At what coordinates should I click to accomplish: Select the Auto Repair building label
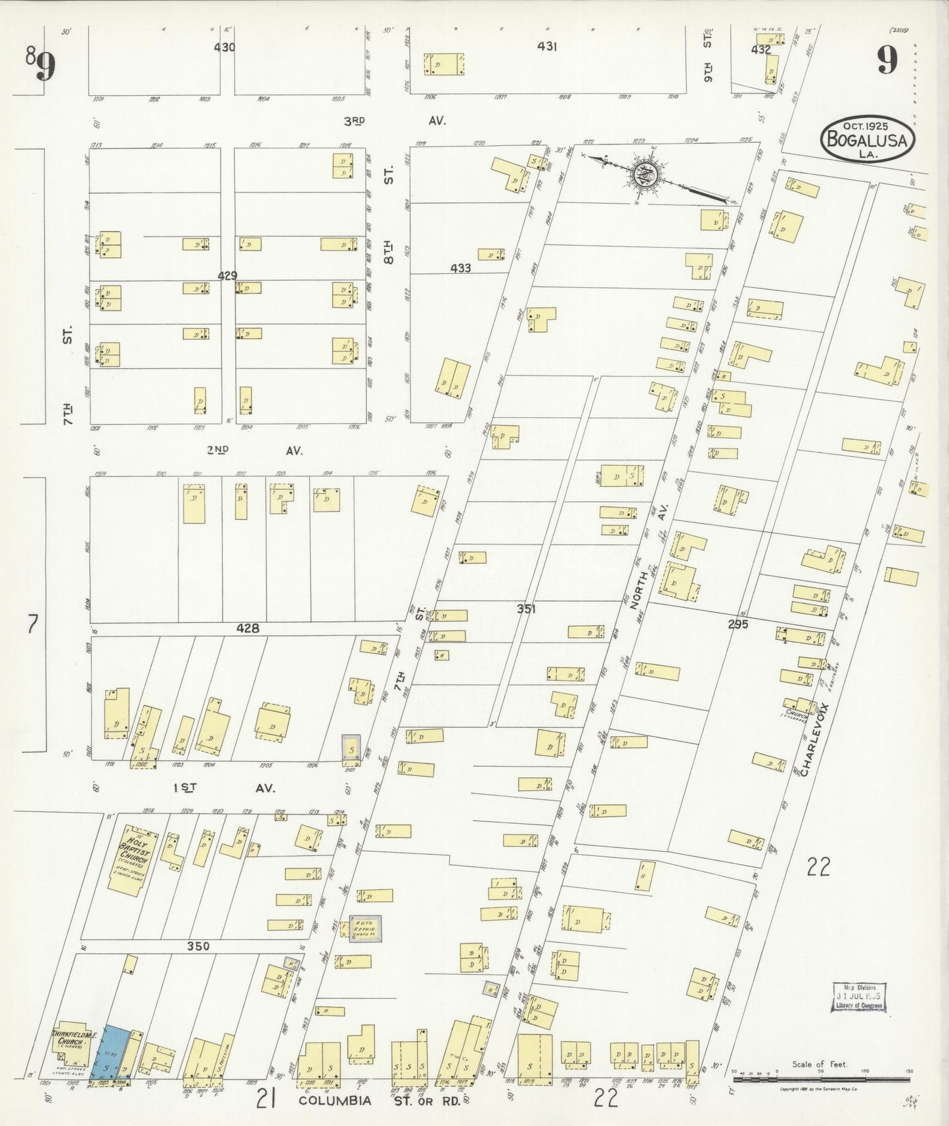(364, 928)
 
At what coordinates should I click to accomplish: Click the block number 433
(460, 268)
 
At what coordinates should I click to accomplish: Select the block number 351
(525, 609)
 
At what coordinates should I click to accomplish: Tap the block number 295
(738, 624)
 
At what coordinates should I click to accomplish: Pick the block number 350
(198, 946)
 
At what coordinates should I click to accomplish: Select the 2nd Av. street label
(253, 451)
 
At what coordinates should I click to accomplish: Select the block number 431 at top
(546, 47)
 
